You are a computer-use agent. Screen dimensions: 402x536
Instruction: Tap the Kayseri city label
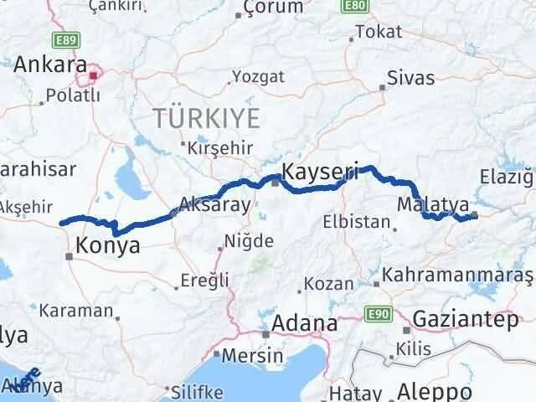pyautogui.click(x=321, y=173)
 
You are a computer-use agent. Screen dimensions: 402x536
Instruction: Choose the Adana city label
pyautogui.click(x=307, y=322)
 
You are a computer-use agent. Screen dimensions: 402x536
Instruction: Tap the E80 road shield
pyautogui.click(x=353, y=7)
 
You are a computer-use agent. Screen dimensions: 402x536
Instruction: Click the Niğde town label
pyautogui.click(x=251, y=241)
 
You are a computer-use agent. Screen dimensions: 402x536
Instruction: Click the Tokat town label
pyautogui.click(x=373, y=32)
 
